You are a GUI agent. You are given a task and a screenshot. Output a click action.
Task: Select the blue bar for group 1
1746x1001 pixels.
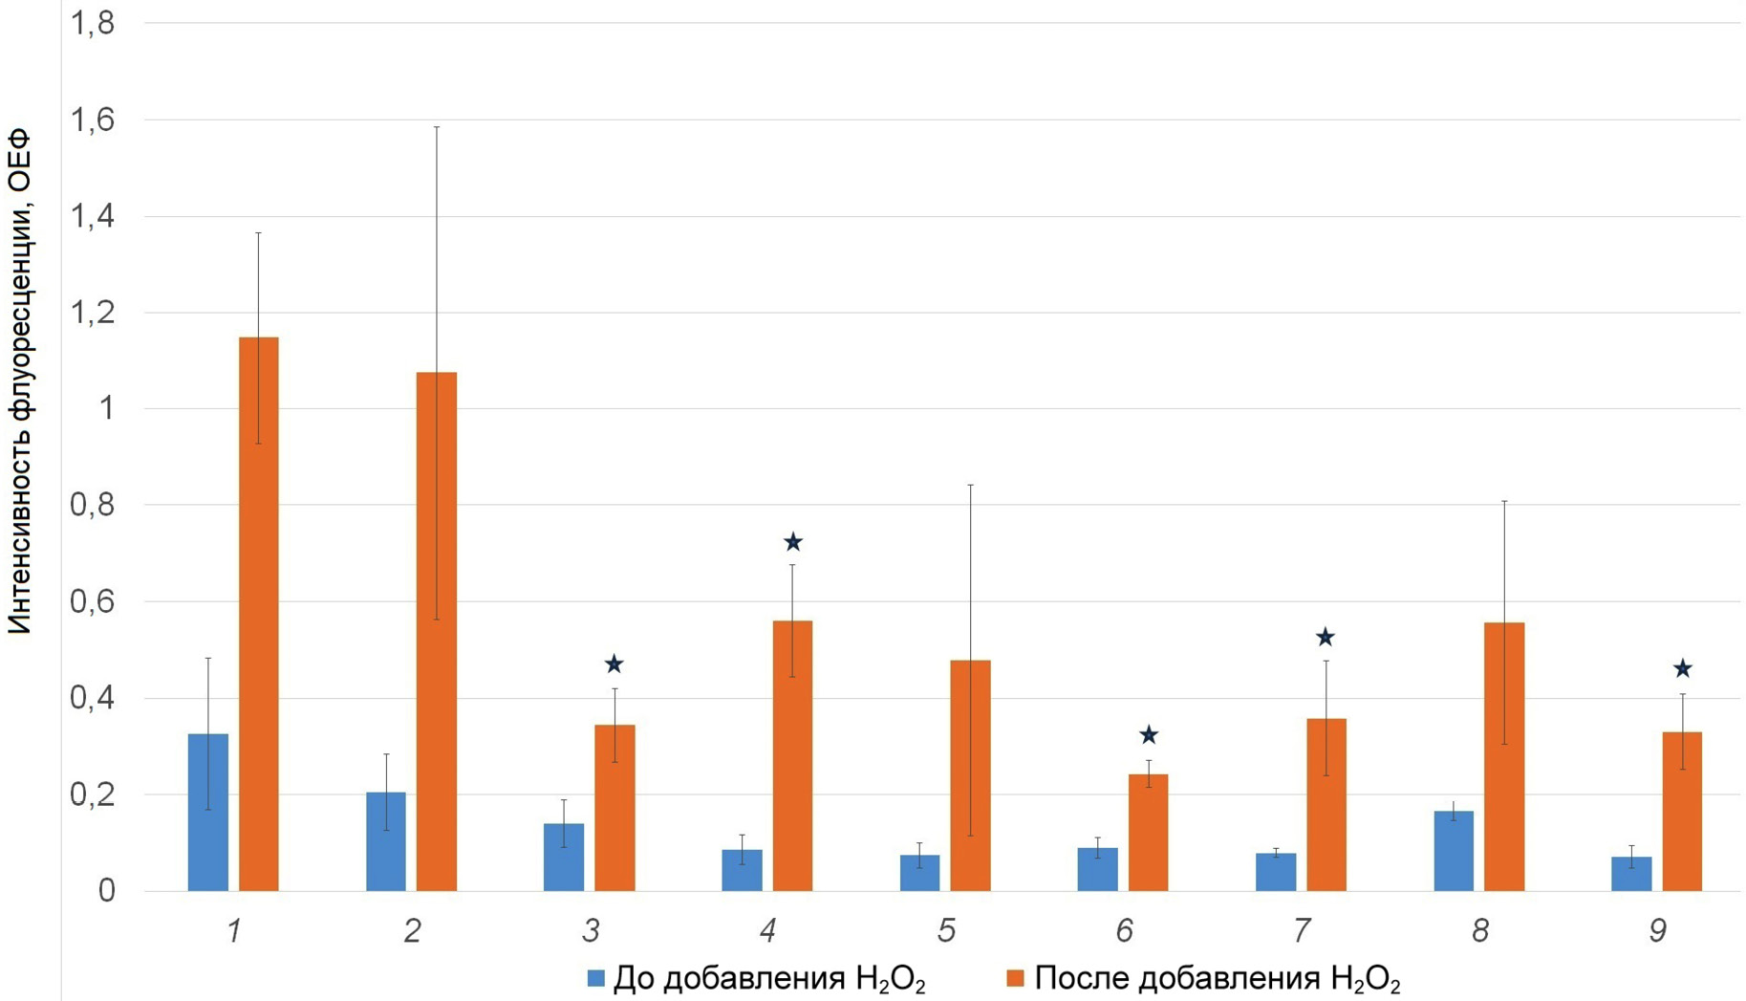207,813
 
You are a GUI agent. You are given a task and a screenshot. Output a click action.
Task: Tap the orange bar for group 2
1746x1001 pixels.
436,631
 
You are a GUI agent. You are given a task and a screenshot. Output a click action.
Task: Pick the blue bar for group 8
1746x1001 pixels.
1453,851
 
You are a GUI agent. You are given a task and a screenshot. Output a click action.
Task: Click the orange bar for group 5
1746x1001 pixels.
970,775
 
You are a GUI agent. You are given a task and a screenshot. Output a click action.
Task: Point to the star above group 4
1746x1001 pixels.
792,543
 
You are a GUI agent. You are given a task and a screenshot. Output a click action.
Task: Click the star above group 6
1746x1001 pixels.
1149,735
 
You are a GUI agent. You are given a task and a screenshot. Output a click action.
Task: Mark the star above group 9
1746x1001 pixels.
1682,669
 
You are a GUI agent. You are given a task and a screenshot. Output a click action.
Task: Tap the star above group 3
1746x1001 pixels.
614,664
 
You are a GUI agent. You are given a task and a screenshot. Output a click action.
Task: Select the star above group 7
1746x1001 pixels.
1325,638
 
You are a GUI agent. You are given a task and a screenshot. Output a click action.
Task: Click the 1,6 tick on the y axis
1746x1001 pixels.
92,120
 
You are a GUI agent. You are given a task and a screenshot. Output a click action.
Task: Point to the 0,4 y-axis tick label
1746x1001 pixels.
92,698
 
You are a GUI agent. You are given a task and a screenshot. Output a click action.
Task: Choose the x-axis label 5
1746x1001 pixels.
946,930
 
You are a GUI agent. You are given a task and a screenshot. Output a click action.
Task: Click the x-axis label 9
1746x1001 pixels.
1658,930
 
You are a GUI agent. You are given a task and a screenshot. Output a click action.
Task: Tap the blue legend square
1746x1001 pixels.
596,979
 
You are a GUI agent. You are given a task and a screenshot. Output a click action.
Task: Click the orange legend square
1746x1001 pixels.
1016,979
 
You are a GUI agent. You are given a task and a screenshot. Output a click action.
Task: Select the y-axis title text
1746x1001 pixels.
20,382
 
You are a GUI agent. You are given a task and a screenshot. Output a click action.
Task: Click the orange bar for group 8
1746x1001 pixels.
1503,756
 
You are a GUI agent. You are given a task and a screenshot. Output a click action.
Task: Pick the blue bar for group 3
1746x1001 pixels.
564,857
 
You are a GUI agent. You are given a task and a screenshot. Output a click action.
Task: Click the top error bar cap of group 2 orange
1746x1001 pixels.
437,127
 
